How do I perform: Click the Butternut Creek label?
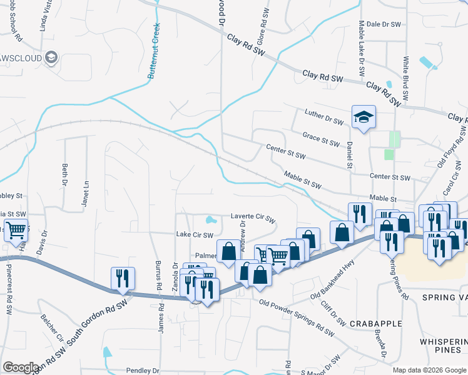pyautogui.click(x=154, y=51)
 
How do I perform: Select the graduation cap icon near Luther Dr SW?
pyautogui.click(x=363, y=117)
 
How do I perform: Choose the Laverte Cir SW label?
pyautogui.click(x=253, y=218)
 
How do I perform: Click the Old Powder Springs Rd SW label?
pyautogui.click(x=295, y=307)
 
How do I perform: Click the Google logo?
pyautogui.click(x=21, y=367)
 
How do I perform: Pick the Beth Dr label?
pyautogui.click(x=64, y=174)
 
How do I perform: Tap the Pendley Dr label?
pyautogui.click(x=145, y=370)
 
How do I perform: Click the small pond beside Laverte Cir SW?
pyautogui.click(x=210, y=220)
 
